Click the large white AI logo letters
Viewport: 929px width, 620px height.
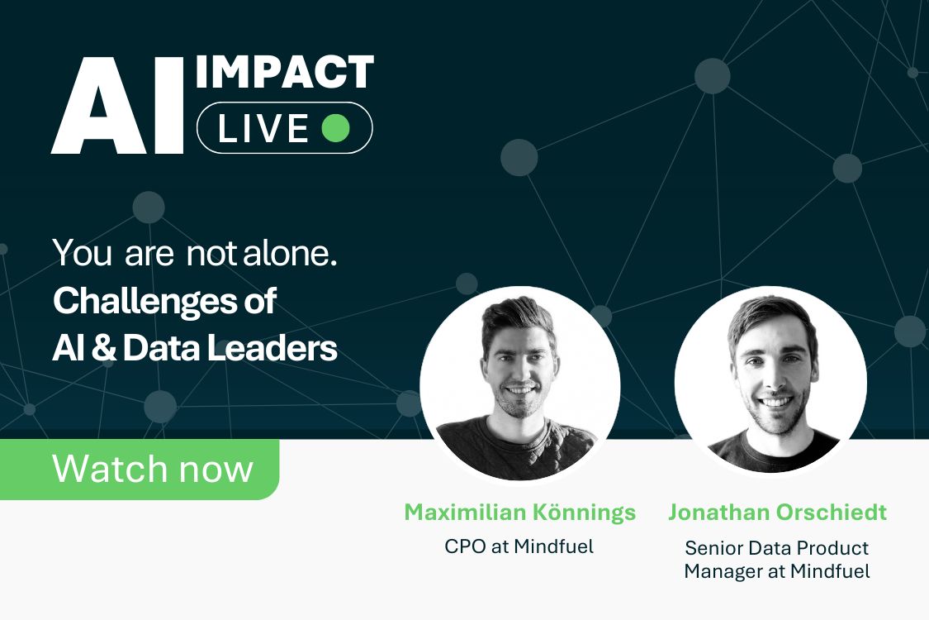click(116, 107)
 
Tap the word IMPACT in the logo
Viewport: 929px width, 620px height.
click(285, 74)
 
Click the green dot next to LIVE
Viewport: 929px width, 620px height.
click(335, 128)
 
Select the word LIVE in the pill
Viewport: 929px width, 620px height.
click(263, 128)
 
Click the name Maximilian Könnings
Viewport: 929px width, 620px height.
click(519, 513)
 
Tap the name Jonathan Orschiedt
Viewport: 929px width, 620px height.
click(777, 513)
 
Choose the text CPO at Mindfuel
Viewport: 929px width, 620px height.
click(519, 546)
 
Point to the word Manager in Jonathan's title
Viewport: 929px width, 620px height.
click(721, 571)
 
